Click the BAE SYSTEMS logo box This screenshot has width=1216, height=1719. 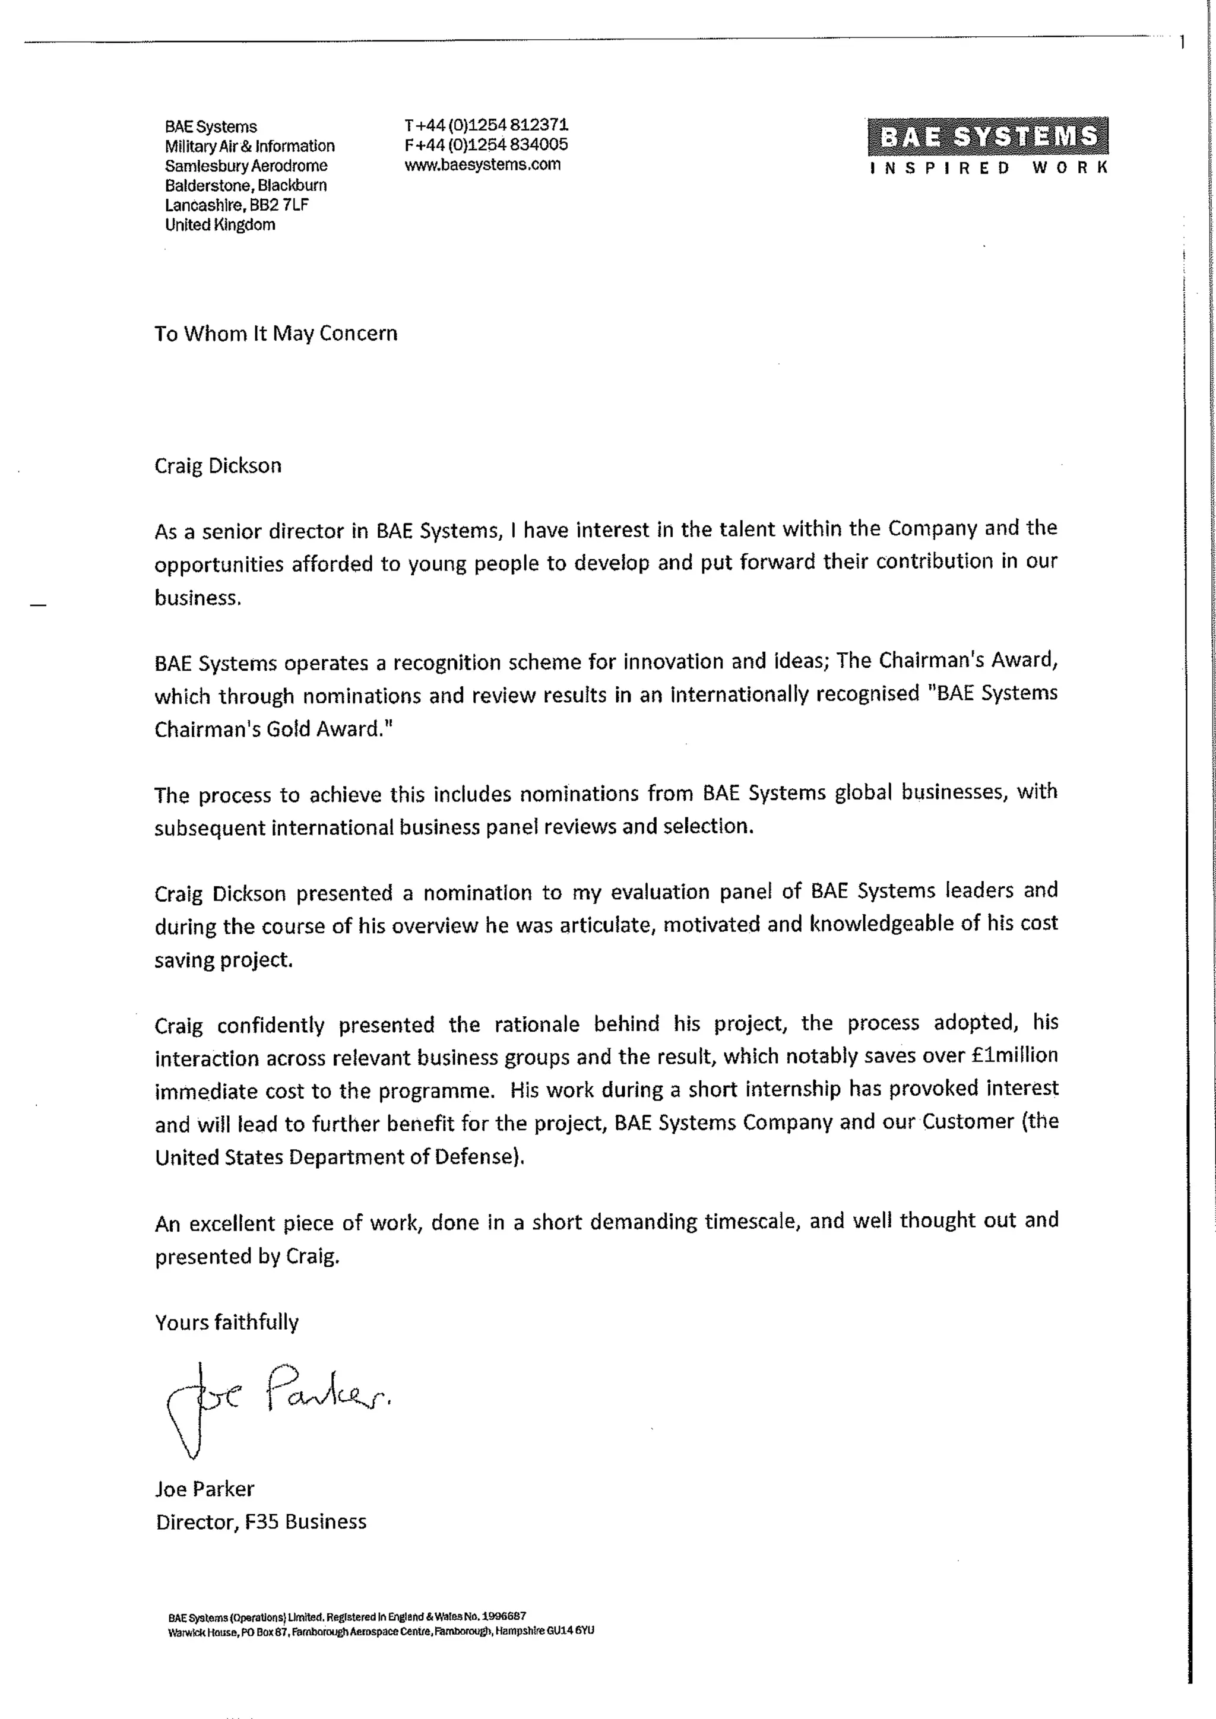987,137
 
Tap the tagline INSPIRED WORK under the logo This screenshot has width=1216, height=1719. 987,168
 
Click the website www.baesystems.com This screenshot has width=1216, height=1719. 482,164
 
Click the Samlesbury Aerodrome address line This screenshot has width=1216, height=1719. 246,166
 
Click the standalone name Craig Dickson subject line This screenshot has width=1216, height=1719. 218,466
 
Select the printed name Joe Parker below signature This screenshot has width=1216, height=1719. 204,1489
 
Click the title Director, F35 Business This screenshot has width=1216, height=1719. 261,1522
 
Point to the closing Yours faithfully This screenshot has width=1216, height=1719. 227,1322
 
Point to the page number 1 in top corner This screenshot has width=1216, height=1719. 1182,43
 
